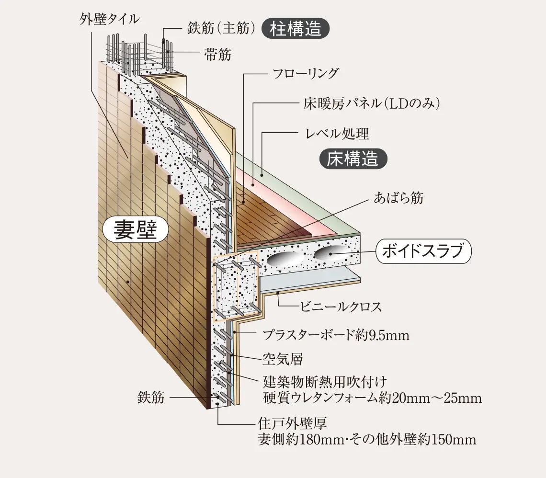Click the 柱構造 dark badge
pyautogui.click(x=296, y=29)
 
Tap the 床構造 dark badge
pyautogui.click(x=353, y=159)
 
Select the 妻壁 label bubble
pyautogui.click(x=136, y=230)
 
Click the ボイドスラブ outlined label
pyautogui.click(x=423, y=251)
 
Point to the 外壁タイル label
pyautogui.click(x=110, y=19)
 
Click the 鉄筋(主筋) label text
pyautogui.click(x=219, y=29)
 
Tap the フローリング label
pyautogui.click(x=305, y=74)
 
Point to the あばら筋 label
pyautogui.click(x=398, y=198)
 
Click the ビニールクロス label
pyautogui.click(x=341, y=307)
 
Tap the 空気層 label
pyautogui.click(x=283, y=358)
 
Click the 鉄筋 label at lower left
pyautogui.click(x=151, y=398)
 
